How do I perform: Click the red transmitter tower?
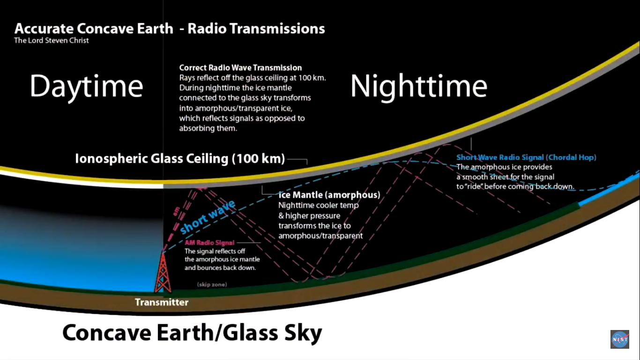163,273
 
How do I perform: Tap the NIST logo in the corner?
620,339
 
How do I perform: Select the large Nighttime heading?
419,86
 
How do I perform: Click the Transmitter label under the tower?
162,302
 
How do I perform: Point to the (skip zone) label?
212,285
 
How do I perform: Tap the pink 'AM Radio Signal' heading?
209,243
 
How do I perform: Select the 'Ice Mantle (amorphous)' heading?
329,195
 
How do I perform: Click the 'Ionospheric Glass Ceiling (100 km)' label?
180,159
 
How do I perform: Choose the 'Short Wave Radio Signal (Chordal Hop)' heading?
526,157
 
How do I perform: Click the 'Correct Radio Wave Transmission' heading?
240,68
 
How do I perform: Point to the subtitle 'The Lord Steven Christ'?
52,41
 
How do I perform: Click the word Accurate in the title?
44,29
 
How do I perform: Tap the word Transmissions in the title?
277,29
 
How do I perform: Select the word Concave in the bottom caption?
106,333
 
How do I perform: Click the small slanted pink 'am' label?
176,211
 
